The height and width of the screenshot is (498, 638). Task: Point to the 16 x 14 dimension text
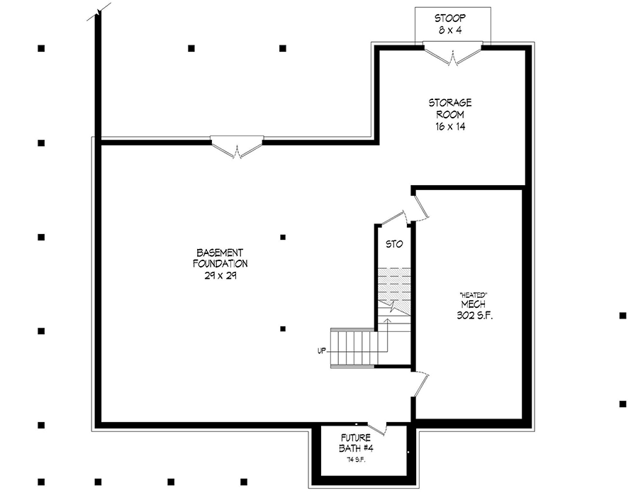coord(450,126)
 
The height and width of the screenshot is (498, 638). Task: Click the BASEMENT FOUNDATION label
coord(221,258)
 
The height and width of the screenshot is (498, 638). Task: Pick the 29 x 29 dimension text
coord(221,276)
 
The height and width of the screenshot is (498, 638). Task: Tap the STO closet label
coord(394,244)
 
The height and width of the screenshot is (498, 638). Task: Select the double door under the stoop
coord(452,53)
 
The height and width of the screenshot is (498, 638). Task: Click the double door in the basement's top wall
coord(237,147)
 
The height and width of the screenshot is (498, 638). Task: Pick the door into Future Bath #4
coord(376,427)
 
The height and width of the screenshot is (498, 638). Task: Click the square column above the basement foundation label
coord(283,237)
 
